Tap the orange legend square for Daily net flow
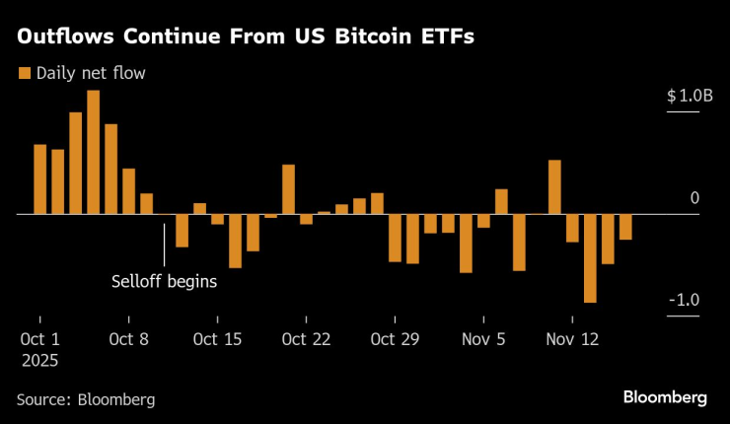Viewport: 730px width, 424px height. tap(23, 73)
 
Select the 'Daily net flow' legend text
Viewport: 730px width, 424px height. tap(91, 73)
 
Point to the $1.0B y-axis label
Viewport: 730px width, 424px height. tap(688, 96)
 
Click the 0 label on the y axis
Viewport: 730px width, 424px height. tap(694, 198)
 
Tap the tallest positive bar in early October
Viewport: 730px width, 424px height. tap(93, 152)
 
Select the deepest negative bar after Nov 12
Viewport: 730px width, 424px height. tap(590, 257)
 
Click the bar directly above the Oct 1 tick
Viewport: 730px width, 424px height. tap(39, 178)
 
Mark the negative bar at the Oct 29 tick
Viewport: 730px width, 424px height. tap(395, 238)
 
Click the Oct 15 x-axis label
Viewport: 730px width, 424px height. tap(217, 339)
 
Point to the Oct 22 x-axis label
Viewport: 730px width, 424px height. tap(306, 339)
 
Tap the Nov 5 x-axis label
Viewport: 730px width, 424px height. tap(483, 339)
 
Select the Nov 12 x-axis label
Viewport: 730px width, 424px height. tap(572, 339)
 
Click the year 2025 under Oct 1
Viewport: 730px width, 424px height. tap(37, 361)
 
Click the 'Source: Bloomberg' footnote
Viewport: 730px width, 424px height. tap(85, 398)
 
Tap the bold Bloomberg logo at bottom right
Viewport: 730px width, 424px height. tap(664, 397)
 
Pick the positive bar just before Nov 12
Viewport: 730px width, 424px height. tap(554, 186)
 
